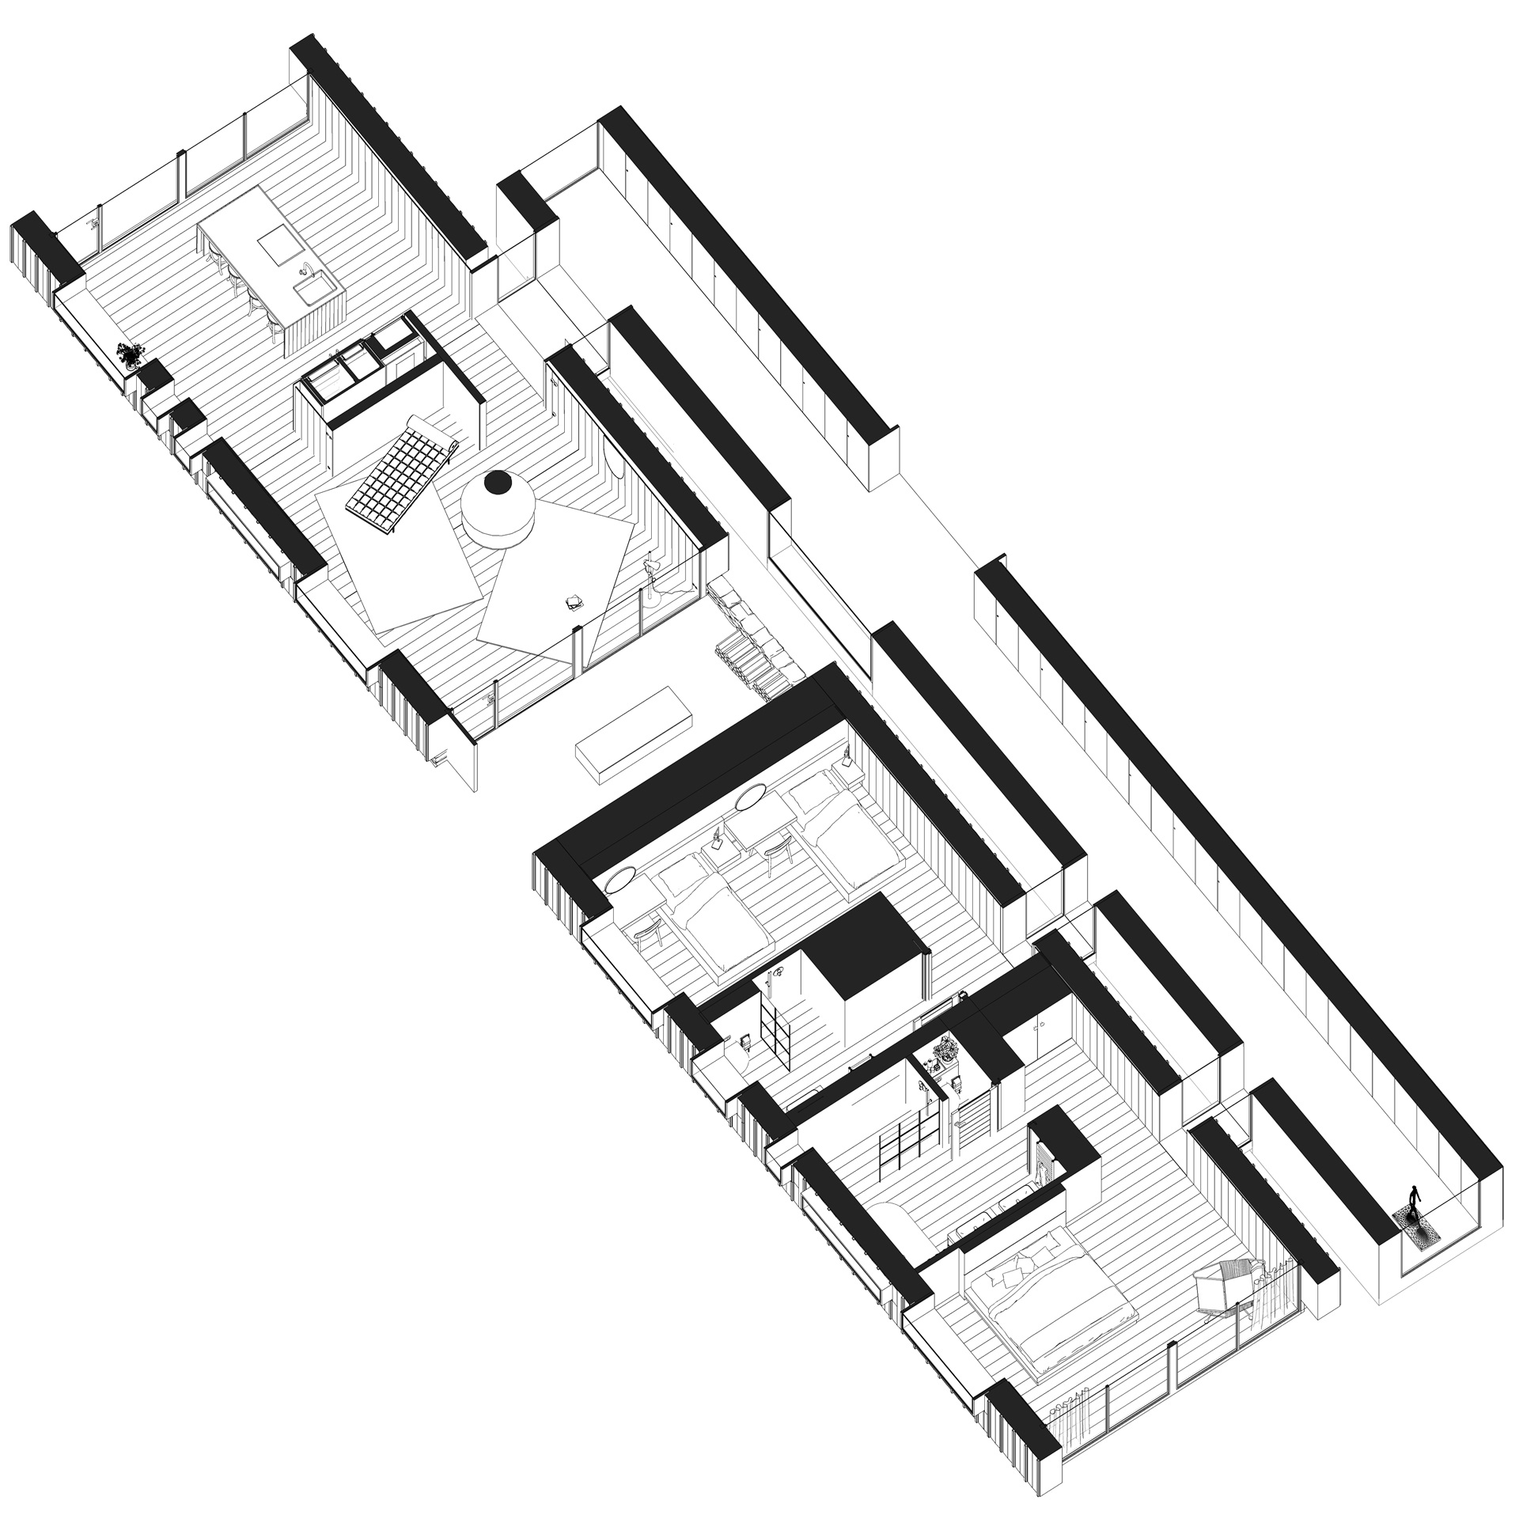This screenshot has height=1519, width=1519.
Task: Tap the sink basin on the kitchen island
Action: [308, 294]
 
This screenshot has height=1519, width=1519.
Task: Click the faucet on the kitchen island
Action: [303, 271]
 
